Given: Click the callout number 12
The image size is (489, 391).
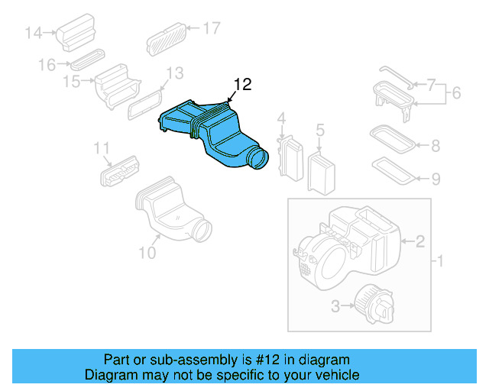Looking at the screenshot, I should (242, 85).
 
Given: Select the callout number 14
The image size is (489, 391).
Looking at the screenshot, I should (34, 33).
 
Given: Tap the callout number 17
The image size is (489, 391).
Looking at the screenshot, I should (212, 28).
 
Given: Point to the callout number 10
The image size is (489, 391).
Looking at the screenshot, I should (147, 250).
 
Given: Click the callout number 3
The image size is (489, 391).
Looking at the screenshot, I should (335, 307).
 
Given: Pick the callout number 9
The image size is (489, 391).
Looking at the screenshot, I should (435, 179).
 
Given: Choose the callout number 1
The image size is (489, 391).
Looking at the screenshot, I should (439, 263).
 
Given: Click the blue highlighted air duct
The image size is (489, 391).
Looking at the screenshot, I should (206, 134).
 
